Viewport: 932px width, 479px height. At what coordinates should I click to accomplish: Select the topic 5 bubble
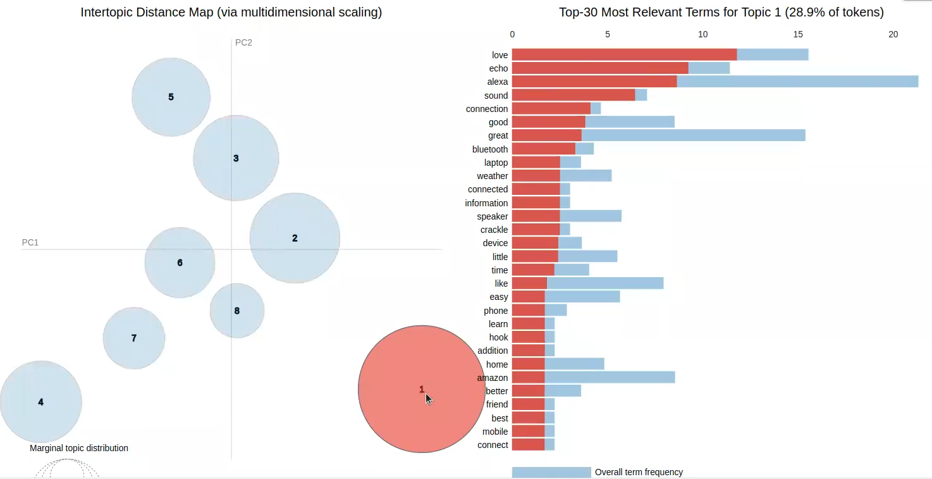(x=171, y=97)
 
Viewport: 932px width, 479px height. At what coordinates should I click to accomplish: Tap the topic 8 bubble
(x=237, y=311)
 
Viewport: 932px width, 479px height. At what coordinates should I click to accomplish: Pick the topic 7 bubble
(x=134, y=338)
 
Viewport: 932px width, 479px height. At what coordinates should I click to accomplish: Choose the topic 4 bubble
(x=40, y=402)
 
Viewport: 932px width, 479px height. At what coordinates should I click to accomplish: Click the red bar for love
(x=624, y=55)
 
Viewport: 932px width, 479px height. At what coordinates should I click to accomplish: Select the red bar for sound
(x=573, y=96)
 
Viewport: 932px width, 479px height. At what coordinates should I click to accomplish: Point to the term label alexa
(x=498, y=82)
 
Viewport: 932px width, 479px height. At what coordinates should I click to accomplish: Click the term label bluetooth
(x=490, y=149)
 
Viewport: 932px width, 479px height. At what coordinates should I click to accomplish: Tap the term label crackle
(x=494, y=230)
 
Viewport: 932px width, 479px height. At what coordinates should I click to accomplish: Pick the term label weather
(x=493, y=176)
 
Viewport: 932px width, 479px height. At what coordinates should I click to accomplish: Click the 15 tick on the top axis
(x=798, y=34)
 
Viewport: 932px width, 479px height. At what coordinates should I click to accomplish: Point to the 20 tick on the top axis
(x=893, y=34)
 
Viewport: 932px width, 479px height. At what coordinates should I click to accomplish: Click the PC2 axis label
(x=243, y=42)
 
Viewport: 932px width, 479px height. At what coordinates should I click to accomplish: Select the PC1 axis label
(x=30, y=242)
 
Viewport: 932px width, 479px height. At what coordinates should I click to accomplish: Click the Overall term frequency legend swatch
(x=551, y=472)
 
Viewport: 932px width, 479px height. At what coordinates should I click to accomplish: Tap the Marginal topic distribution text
(x=79, y=448)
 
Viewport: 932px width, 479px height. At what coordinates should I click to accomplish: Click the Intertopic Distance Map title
(x=231, y=12)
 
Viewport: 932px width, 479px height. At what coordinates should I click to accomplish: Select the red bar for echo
(x=600, y=68)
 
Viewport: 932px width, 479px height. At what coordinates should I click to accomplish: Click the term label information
(x=486, y=203)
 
